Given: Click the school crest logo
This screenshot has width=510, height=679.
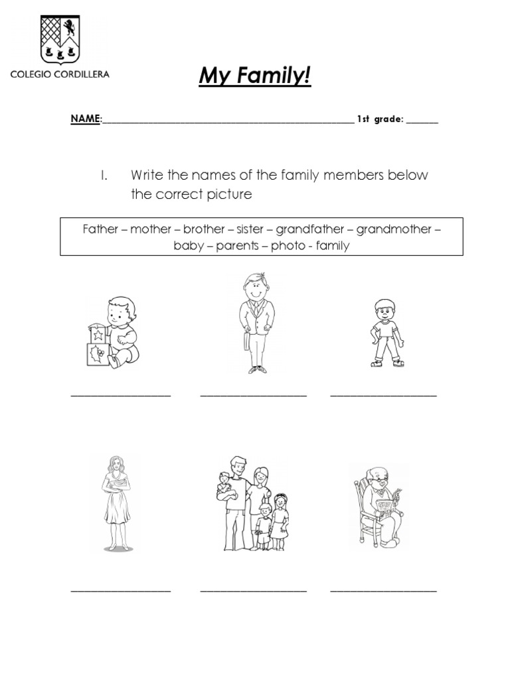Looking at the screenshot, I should [59, 38].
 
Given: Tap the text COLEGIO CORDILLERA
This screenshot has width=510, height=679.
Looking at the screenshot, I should [60, 74].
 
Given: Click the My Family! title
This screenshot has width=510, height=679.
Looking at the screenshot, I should [255, 77].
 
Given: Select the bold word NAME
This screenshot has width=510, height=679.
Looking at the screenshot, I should [85, 119].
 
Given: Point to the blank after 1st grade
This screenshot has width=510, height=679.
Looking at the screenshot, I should [422, 121].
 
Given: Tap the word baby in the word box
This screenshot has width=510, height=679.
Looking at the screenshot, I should [189, 246].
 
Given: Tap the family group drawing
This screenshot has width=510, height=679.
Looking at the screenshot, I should [254, 503].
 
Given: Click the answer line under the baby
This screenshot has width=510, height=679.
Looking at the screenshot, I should [121, 395].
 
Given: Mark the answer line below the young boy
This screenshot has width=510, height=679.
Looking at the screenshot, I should [384, 395].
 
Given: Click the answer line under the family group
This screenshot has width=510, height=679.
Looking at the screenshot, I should [254, 589].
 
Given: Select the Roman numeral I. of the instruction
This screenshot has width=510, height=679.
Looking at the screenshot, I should [104, 176].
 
